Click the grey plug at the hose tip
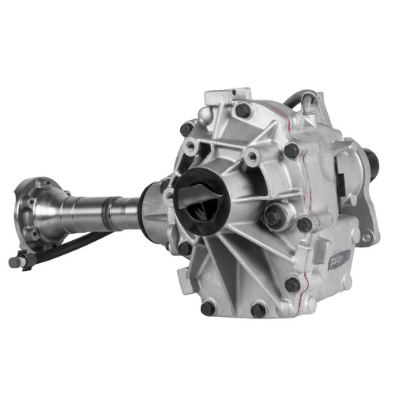16,261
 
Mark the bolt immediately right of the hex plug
305,224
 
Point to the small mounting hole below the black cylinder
366,236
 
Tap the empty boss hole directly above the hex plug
252,159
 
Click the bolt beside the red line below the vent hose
292,149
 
